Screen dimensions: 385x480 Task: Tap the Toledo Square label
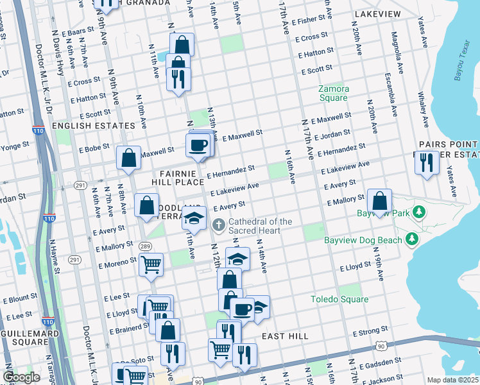[x=339, y=300]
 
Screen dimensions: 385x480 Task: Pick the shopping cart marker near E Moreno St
[x=151, y=264]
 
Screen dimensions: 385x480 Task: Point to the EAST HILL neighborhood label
[x=285, y=336]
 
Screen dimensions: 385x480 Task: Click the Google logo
[x=21, y=377]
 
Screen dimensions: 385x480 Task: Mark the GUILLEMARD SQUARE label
[x=26, y=339]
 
